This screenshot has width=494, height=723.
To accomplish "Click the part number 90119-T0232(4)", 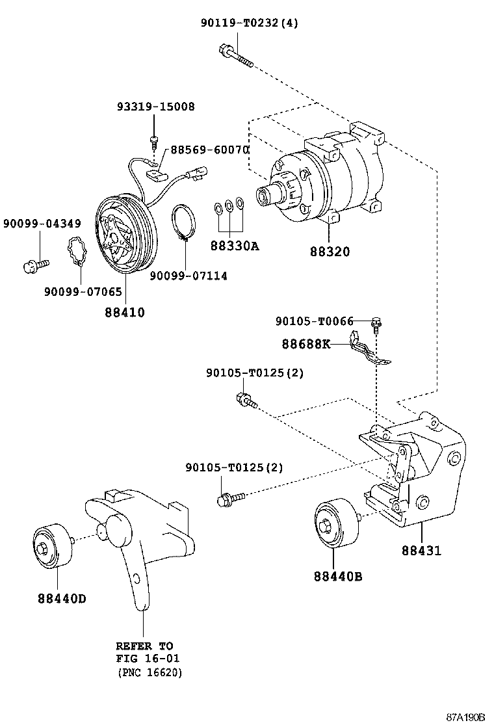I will [x=249, y=23].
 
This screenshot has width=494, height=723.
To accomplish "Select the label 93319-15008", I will [x=155, y=106].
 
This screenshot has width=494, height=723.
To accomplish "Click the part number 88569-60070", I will [x=209, y=150].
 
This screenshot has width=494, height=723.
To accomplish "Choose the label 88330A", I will [x=234, y=246].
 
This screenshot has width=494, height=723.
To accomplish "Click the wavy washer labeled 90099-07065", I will [x=77, y=253].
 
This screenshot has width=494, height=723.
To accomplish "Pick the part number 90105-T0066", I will [x=314, y=321].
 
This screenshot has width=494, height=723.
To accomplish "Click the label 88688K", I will [x=305, y=343].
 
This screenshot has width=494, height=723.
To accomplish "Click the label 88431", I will [x=421, y=551].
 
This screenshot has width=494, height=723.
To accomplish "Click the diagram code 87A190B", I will [x=465, y=716].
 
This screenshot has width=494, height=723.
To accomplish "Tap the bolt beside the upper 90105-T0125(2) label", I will [x=246, y=400].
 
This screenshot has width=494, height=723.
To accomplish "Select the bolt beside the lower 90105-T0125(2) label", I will [x=229, y=499].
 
